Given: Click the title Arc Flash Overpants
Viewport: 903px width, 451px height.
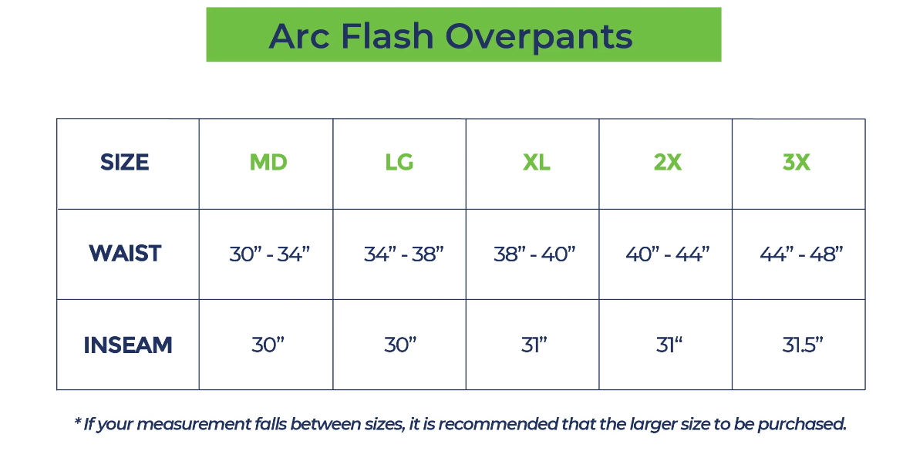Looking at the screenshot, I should tap(451, 36).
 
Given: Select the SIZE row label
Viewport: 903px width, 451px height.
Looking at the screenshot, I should tap(125, 163).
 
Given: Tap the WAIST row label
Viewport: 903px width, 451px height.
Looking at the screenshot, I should tap(125, 254).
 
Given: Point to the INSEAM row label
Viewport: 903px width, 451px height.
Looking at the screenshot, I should tap(127, 345).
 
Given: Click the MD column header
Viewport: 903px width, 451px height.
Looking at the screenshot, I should tap(268, 163).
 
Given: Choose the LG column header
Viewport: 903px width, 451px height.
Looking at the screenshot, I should tap(399, 163).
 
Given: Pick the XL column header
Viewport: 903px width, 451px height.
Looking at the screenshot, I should tap(536, 163).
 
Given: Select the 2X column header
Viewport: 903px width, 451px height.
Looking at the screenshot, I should tap(668, 163).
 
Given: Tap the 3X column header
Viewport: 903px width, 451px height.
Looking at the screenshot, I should tap(797, 163).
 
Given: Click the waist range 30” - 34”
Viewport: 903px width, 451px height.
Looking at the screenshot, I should tap(269, 254).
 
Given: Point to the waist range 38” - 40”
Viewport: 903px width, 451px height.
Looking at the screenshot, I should tap(534, 254).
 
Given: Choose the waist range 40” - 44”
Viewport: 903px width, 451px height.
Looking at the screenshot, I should tap(668, 254).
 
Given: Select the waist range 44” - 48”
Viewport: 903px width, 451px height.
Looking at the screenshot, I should tap(801, 254).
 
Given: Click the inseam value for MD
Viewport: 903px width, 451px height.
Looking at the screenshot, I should tap(268, 345).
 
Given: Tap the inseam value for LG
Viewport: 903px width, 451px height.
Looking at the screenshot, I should tap(400, 345).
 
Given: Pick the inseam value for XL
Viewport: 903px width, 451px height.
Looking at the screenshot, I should tap(534, 345).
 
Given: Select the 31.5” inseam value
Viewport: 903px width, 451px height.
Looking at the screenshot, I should tap(803, 345).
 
